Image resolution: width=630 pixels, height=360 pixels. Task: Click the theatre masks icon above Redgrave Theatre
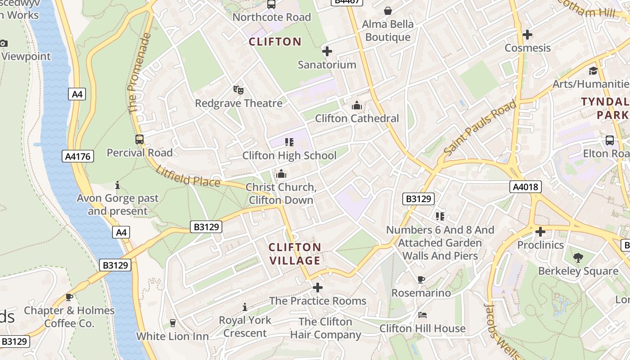tap(238, 90)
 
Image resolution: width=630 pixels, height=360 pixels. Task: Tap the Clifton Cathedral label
tap(357, 118)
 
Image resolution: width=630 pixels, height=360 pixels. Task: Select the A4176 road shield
tap(77, 157)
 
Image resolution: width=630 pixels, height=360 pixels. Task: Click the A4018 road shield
tap(525, 186)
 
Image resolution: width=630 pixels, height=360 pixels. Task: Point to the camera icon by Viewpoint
tap(3, 44)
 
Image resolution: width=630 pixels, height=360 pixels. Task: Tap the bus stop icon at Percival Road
tap(139, 139)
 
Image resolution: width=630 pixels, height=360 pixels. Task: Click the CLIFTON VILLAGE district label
tap(295, 254)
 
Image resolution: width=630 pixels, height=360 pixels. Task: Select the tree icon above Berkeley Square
tap(578, 258)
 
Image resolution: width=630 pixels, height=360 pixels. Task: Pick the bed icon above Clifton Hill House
tap(422, 315)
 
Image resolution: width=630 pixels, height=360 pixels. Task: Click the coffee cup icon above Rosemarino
tap(421, 280)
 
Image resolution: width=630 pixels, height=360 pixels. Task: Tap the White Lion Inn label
tap(172, 336)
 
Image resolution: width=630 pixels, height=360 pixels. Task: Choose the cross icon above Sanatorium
tap(327, 51)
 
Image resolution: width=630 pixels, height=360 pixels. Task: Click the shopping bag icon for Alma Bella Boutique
tap(387, 11)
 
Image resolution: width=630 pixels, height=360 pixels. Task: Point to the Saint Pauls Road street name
tap(480, 128)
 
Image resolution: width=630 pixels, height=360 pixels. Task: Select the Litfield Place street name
tap(188, 176)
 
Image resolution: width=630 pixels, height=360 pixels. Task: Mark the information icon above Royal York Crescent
tap(245, 307)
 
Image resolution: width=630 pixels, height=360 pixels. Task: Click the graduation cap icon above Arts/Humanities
tap(593, 71)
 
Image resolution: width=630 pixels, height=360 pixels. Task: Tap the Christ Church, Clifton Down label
tap(281, 193)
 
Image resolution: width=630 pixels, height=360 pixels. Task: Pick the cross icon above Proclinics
tap(540, 232)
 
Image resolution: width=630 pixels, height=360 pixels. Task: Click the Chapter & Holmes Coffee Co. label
tap(69, 317)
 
